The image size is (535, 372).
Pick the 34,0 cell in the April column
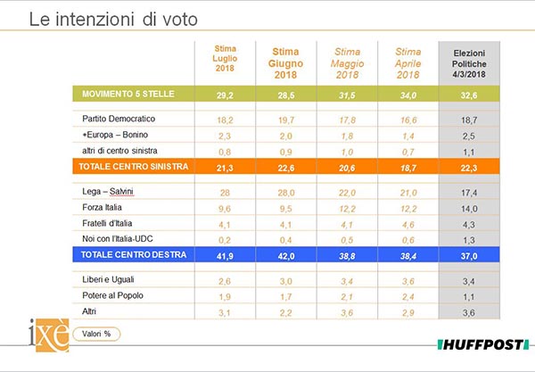(x=407, y=95)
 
